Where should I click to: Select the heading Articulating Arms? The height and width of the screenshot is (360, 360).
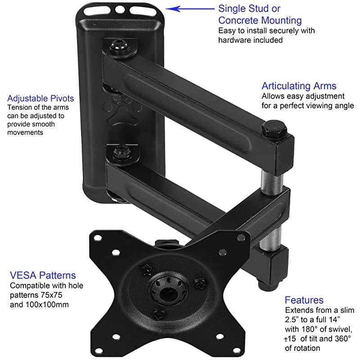coord(299,86)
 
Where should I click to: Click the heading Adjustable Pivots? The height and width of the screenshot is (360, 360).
coord(40,98)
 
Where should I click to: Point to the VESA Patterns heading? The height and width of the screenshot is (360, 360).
coord(43,275)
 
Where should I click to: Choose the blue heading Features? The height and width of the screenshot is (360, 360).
coord(304,300)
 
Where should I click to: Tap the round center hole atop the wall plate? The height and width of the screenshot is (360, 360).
coord(120,9)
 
